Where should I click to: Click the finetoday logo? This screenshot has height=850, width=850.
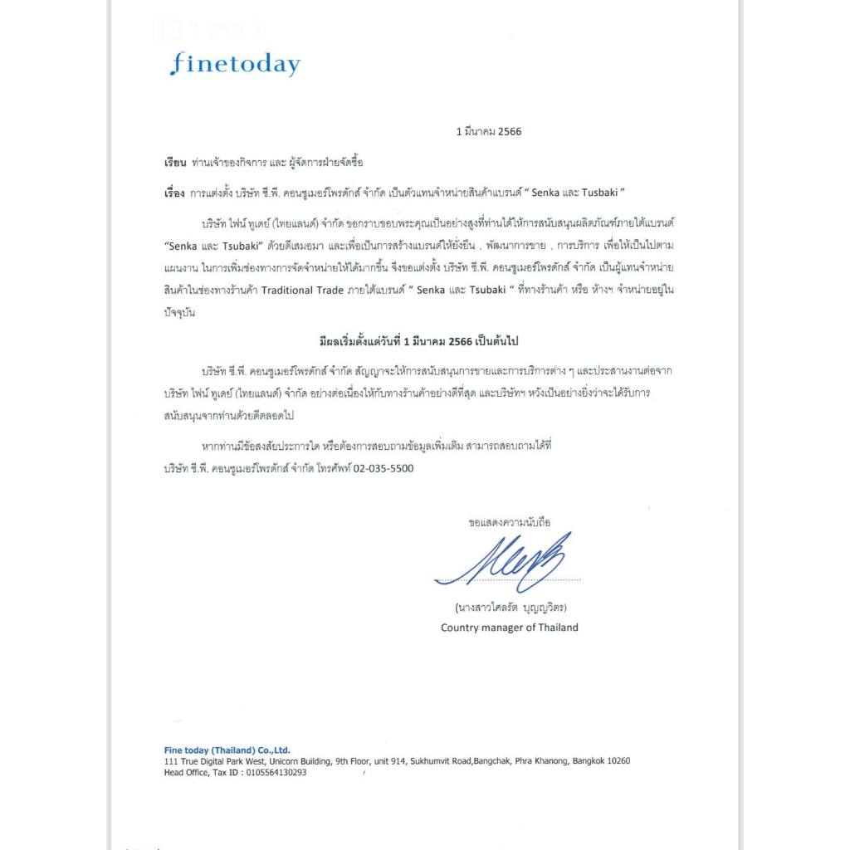pos(234,64)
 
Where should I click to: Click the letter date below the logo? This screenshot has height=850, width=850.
pos(489,131)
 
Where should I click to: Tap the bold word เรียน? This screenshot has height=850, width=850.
pos(175,162)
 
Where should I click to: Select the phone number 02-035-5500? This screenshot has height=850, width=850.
pos(383,468)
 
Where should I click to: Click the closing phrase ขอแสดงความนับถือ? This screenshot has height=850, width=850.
pos(509,523)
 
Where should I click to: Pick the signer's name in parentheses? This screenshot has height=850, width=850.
pos(510,607)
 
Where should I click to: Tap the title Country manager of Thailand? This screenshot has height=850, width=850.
pos(509,628)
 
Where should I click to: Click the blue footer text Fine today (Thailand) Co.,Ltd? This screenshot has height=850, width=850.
pos(227,750)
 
